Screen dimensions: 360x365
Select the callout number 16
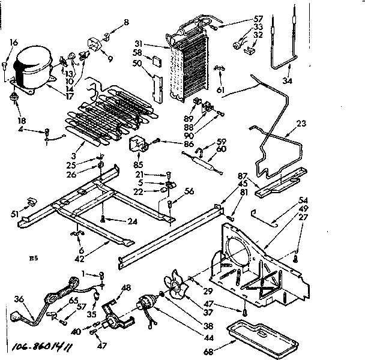(14, 43)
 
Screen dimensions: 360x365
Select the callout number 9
(109, 59)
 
